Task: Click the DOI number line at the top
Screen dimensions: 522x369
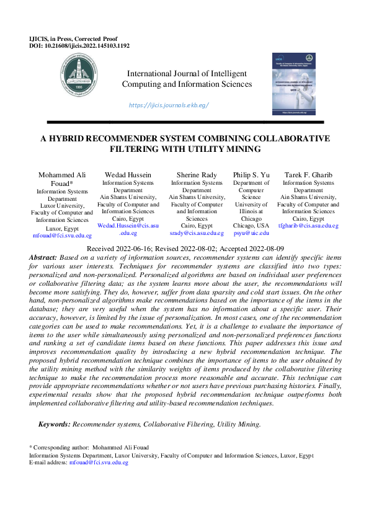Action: [79, 45]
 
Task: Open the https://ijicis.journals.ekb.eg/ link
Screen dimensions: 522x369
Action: [169, 105]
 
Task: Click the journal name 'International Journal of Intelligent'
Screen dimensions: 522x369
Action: [187, 73]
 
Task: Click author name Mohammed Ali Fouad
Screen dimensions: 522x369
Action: [62, 179]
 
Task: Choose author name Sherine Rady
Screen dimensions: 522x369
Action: [197, 175]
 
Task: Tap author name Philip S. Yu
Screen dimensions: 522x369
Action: [251, 175]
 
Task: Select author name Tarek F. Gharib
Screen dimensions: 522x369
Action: [308, 175]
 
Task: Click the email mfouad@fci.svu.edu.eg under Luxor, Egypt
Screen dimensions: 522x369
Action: [62, 236]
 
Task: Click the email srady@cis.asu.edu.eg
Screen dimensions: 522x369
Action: [197, 233]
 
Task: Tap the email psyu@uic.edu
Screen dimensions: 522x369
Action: [251, 233]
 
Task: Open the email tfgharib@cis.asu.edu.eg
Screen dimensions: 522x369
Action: [308, 226]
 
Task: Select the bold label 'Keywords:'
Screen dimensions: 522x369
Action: [55, 425]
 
